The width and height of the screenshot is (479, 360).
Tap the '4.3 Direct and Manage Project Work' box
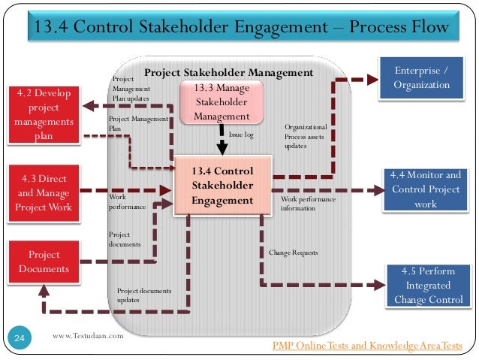[42, 192]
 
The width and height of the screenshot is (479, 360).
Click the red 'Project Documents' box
[44, 262]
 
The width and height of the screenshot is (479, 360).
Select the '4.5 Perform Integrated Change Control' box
[425, 286]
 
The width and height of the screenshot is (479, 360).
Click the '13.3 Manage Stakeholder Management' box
[221, 103]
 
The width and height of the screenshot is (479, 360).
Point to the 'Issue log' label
[241, 135]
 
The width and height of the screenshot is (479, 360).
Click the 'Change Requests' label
[294, 253]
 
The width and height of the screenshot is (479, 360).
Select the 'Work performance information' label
[308, 204]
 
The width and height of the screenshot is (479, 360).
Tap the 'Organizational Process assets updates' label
[306, 136]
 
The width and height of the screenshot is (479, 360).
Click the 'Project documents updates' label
[144, 295]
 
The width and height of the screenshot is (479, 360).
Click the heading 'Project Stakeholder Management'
[227, 73]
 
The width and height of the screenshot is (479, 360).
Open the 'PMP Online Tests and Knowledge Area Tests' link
[368, 345]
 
